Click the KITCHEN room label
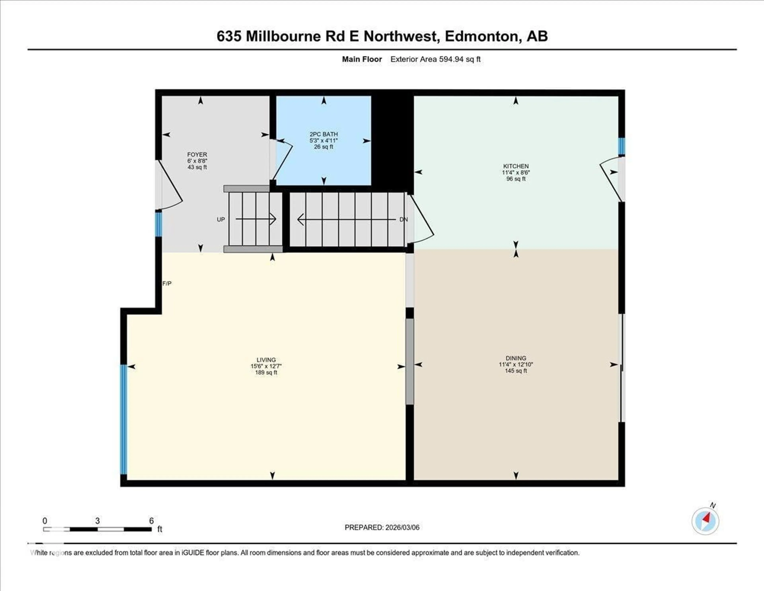(x=516, y=166)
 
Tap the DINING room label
(x=516, y=358)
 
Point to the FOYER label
(x=197, y=154)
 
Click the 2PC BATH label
(x=324, y=134)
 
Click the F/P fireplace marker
(x=167, y=283)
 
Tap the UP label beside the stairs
(x=221, y=220)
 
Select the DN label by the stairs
(x=403, y=220)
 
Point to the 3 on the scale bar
(x=97, y=521)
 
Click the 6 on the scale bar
(x=151, y=521)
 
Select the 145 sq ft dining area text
(x=516, y=371)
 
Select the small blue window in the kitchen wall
(x=621, y=146)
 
